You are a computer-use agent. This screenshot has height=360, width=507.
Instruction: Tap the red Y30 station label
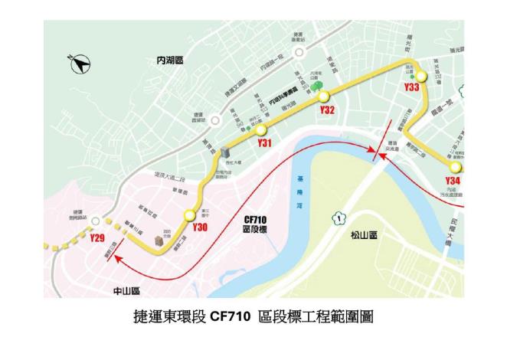pos(200,228)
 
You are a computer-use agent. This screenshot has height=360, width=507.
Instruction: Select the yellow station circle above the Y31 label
pos(262,129)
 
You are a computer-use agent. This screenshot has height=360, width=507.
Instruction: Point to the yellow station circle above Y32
pos(324,97)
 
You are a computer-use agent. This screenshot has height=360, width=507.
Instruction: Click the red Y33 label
pos(411,88)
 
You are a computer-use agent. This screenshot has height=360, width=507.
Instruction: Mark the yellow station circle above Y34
pos(456,166)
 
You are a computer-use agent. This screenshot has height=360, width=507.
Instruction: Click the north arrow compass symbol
pos(80,65)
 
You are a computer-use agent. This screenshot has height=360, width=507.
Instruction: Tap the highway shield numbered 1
pos(336,219)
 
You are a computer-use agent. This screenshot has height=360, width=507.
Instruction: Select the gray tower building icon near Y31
pos(225,153)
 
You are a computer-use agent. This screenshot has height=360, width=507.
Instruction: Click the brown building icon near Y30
pos(159,241)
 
